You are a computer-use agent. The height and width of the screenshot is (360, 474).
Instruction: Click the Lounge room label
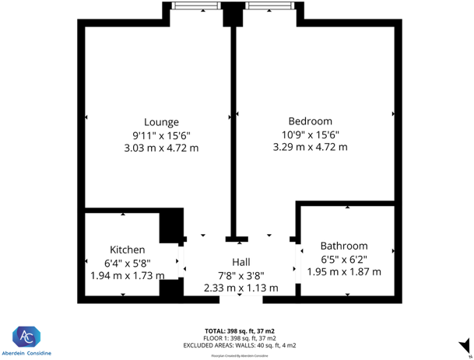[161, 122]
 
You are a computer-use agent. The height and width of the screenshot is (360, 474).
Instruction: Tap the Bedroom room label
[310, 121]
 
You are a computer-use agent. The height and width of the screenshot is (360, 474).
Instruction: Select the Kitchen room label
[127, 250]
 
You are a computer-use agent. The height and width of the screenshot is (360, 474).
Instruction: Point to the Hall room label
[241, 262]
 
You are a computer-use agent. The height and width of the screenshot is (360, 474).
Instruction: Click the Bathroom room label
[343, 246]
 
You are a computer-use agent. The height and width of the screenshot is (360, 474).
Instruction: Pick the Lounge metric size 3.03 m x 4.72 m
[161, 148]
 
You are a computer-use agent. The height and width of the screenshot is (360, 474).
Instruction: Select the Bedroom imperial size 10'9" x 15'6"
[310, 134]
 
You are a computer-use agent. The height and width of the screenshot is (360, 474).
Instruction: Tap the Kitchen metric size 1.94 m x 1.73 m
[127, 275]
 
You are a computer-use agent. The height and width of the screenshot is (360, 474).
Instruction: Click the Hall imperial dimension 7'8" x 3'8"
[241, 274]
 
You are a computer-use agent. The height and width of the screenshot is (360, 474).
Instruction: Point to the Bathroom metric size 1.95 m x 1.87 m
[343, 271]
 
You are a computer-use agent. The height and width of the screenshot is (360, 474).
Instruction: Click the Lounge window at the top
[197, 6]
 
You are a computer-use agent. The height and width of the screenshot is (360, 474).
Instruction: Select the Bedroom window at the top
[269, 6]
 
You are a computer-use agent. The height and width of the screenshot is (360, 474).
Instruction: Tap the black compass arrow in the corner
[465, 344]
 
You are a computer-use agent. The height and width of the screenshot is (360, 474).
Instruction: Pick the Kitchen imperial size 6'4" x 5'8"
[127, 263]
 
